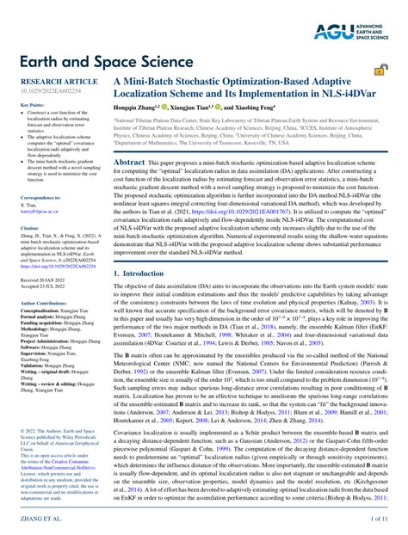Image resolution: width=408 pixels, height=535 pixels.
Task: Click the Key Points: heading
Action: click(x=20, y=105)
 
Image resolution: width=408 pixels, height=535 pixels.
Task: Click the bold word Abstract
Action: click(x=129, y=163)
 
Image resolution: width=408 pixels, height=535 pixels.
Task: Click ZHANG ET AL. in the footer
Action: click(x=30, y=520)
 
